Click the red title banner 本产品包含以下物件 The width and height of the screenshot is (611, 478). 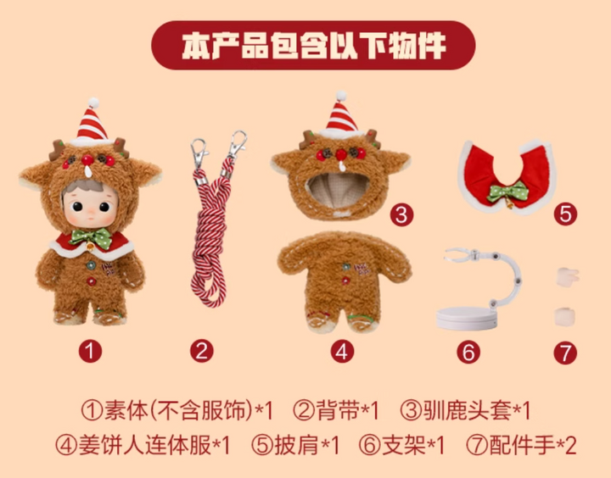(x=313, y=45)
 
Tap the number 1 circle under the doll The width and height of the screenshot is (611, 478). (x=90, y=351)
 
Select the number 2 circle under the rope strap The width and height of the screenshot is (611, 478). (x=201, y=351)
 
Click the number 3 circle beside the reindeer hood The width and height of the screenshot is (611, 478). (x=401, y=214)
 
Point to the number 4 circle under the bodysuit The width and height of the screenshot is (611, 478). (x=342, y=352)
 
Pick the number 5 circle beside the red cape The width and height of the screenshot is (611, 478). (x=565, y=214)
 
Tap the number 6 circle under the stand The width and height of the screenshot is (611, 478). (x=468, y=353)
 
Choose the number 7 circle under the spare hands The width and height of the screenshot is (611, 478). (x=565, y=353)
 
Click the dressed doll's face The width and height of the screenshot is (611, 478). (x=91, y=208)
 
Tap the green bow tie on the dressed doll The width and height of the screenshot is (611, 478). (x=91, y=237)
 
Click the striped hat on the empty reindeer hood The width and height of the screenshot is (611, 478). (x=341, y=114)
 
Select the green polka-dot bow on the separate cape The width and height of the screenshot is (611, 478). (x=507, y=192)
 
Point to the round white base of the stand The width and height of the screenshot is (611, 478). (x=467, y=318)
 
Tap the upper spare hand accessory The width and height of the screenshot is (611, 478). (x=568, y=277)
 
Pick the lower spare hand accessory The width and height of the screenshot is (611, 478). (x=564, y=316)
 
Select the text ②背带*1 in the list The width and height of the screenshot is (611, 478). (x=336, y=410)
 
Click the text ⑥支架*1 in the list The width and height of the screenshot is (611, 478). (x=401, y=445)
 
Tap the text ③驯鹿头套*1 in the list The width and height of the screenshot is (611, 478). (x=466, y=410)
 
